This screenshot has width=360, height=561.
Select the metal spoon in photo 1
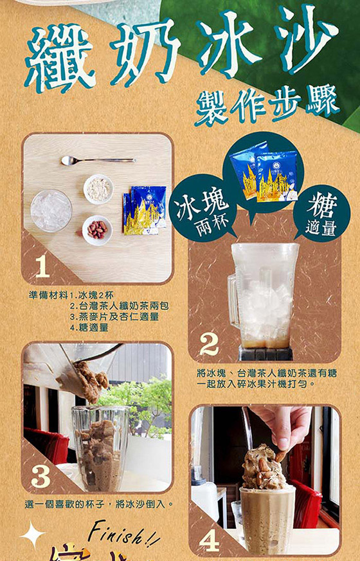click(96, 160)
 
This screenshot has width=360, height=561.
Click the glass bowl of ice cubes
click(51, 210)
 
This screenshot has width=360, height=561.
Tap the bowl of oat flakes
click(98, 189)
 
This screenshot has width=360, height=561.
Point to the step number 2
click(208, 345)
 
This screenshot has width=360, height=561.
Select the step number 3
click(40, 476)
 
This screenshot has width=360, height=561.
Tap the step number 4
click(209, 539)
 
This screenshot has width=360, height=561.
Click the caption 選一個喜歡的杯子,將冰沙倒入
click(100, 504)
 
